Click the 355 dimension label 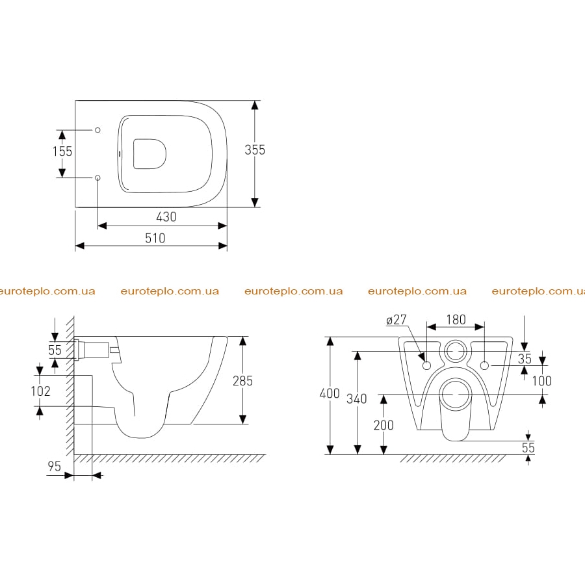point(255,150)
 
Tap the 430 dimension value point(166,216)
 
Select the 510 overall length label point(155,238)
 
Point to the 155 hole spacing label point(62,151)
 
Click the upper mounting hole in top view point(97,130)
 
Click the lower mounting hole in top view point(97,177)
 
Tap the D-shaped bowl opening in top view point(149,153)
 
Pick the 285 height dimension point(242,381)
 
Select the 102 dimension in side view point(40,391)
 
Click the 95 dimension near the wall point(54,466)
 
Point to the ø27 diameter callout point(396,320)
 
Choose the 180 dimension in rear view point(456,320)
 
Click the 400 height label point(330,393)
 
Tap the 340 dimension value point(357,399)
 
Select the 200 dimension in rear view point(383,425)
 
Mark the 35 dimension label point(525,359)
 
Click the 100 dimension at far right point(541,381)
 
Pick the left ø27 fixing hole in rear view point(427,365)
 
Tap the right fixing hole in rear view point(484,365)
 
